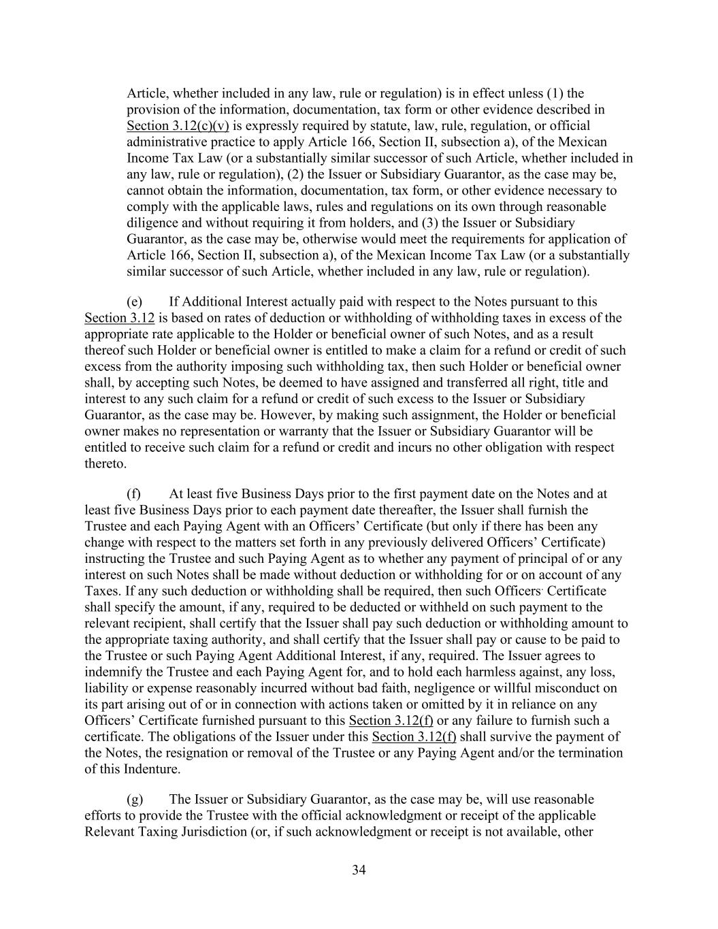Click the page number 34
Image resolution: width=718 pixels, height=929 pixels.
tap(359, 870)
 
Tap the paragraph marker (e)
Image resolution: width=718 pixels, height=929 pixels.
tap(135, 301)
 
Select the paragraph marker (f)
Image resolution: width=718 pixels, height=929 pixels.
tap(134, 493)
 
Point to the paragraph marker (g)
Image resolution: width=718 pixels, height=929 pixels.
tap(135, 799)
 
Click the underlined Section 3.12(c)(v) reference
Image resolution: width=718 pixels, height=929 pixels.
tap(178, 126)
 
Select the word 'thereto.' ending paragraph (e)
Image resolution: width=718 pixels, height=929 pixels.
tap(105, 464)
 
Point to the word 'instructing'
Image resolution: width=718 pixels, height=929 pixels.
tap(116, 559)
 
